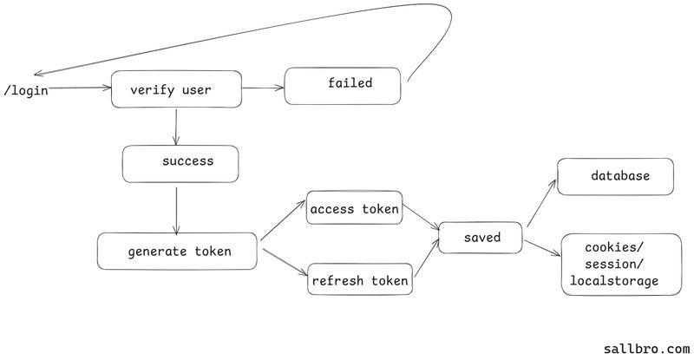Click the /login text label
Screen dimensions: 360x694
pyautogui.click(x=26, y=90)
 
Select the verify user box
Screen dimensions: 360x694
pyautogui.click(x=176, y=89)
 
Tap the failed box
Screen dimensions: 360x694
pyautogui.click(x=344, y=85)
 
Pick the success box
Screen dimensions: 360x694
pyautogui.click(x=180, y=163)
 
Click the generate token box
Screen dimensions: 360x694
pyautogui.click(x=178, y=252)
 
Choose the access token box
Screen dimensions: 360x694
pyautogui.click(x=354, y=208)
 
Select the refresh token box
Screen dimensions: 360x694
pyautogui.click(x=359, y=281)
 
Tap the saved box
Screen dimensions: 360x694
pyautogui.click(x=481, y=238)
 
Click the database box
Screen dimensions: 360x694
pyautogui.click(x=615, y=176)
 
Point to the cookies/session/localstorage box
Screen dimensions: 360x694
pyautogui.click(x=615, y=265)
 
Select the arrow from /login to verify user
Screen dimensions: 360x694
pyautogui.click(x=80, y=88)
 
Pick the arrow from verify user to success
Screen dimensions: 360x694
pyautogui.click(x=176, y=127)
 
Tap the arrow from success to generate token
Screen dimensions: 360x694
pyautogui.click(x=176, y=208)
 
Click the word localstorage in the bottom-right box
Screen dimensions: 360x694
pyautogui.click(x=613, y=281)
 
